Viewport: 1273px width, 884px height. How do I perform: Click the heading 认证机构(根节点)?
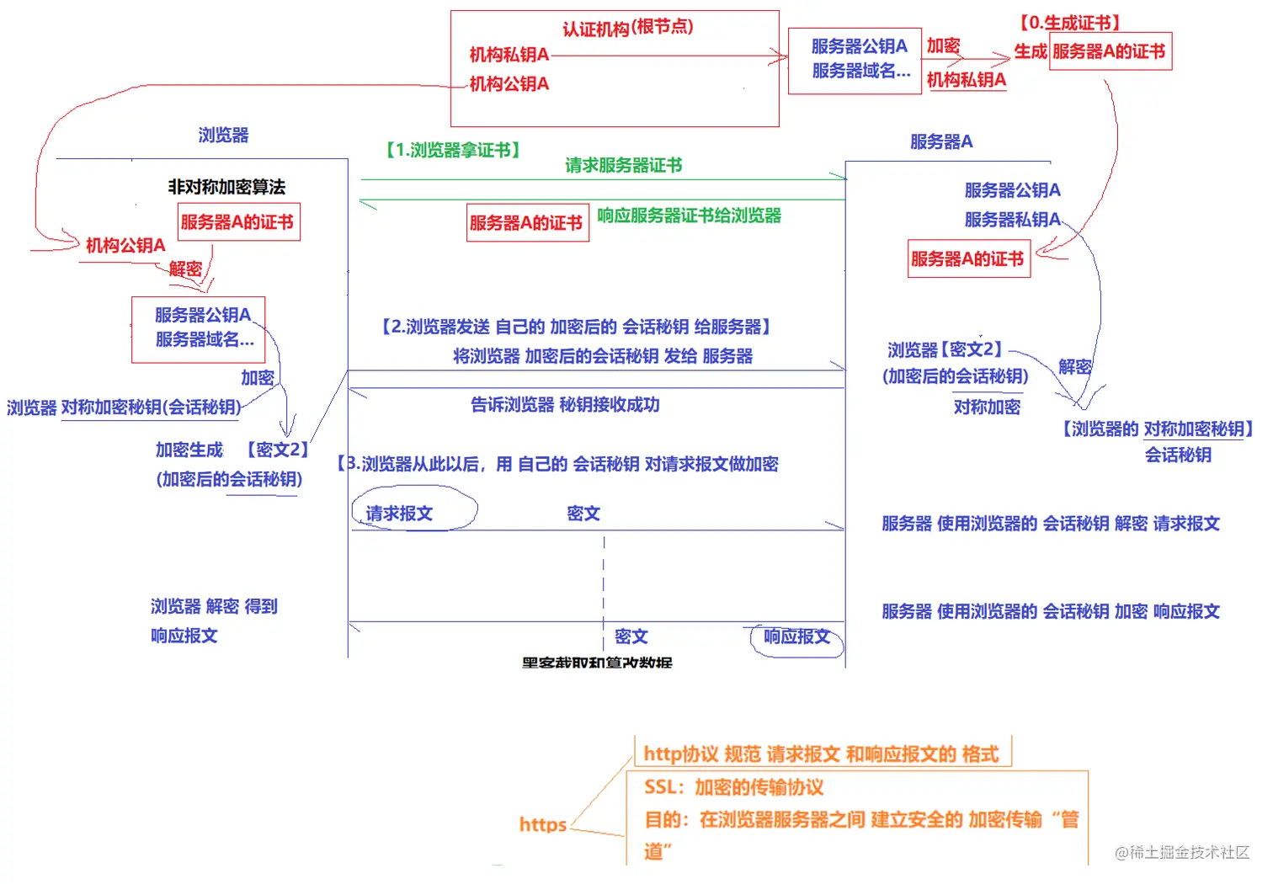pyautogui.click(x=627, y=28)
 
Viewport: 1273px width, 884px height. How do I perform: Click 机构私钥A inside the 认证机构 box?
pyautogui.click(x=509, y=55)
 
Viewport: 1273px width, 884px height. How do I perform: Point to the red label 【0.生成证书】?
pyautogui.click(x=1068, y=23)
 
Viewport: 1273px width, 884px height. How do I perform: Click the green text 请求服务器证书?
pyautogui.click(x=623, y=165)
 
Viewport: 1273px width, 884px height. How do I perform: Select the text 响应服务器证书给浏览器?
pyautogui.click(x=689, y=216)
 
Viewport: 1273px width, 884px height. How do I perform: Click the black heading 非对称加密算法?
pyautogui.click(x=226, y=186)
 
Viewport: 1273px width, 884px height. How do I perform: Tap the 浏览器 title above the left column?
pyautogui.click(x=223, y=135)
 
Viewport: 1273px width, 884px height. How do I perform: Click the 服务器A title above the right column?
pyautogui.click(x=941, y=141)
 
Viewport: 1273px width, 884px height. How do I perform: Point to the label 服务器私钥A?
pyautogui.click(x=1012, y=220)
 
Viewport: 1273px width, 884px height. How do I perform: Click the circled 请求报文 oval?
pyautogui.click(x=413, y=513)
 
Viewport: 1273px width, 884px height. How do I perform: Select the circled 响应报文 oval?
pyautogui.click(x=796, y=637)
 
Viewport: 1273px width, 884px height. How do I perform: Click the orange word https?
pyautogui.click(x=542, y=824)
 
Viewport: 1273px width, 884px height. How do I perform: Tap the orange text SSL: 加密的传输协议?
pyautogui.click(x=733, y=787)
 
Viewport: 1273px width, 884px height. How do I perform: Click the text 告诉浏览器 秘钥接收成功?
pyautogui.click(x=564, y=405)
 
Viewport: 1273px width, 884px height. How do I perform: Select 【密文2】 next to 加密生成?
pyautogui.click(x=277, y=450)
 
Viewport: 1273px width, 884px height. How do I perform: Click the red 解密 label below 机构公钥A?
pyautogui.click(x=185, y=269)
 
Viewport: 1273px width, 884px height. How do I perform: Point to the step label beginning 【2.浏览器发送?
pyautogui.click(x=576, y=327)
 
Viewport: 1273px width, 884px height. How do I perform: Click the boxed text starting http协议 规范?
pyautogui.click(x=821, y=754)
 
